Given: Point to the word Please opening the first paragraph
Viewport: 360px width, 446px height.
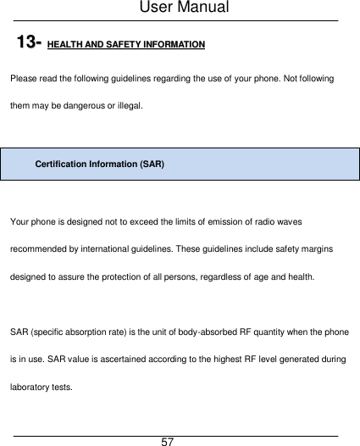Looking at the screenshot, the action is [x=23, y=78].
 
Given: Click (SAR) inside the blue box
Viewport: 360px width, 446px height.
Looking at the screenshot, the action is [x=152, y=163].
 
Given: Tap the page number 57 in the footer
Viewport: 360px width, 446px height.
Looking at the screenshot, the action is [x=168, y=442].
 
